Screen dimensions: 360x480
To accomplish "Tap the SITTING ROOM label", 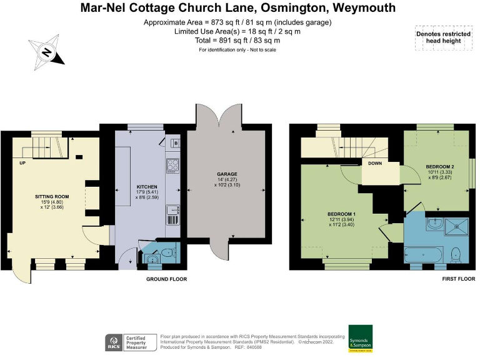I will tap(51, 196).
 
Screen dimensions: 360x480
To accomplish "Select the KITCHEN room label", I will tap(146, 187).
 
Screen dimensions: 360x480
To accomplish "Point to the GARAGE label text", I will tap(227, 174).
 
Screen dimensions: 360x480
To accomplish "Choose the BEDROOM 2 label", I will tap(439, 167).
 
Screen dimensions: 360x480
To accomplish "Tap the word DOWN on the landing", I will tap(375, 163).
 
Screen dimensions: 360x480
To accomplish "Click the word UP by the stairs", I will tap(22, 163).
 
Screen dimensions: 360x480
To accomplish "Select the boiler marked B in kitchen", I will tap(176, 143).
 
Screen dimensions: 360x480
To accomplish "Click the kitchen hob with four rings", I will tap(173, 166).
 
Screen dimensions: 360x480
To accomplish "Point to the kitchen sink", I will tap(173, 217).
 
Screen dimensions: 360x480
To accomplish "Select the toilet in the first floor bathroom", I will tap(456, 254).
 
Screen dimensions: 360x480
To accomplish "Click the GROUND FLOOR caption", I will tap(166, 279).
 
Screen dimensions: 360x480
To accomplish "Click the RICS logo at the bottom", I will tap(113, 342).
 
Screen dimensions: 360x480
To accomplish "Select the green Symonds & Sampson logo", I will tap(360, 337).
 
